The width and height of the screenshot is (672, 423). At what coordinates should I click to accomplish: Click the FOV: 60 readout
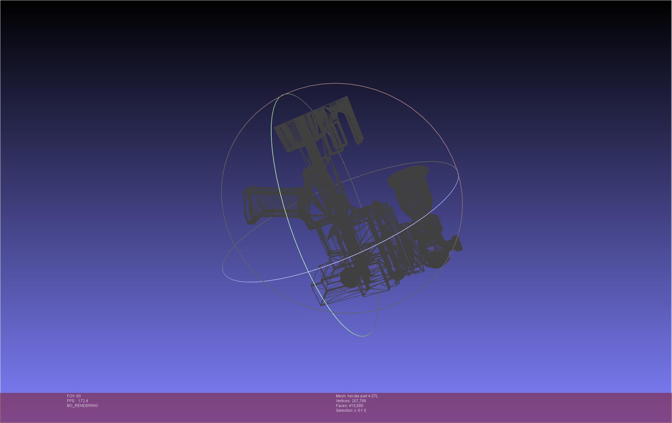pos(74,396)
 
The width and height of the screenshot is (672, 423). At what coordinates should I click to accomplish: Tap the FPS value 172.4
pos(83,401)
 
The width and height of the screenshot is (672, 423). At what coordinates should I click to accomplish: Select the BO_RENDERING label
pos(82,406)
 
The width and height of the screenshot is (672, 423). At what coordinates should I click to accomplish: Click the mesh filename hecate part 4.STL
pos(363,396)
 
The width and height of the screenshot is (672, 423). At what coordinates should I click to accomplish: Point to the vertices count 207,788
pos(359,401)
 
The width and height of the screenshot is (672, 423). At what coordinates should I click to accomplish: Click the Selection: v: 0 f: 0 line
pos(351,411)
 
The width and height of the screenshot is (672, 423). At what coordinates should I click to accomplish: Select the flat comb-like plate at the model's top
pos(317,123)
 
